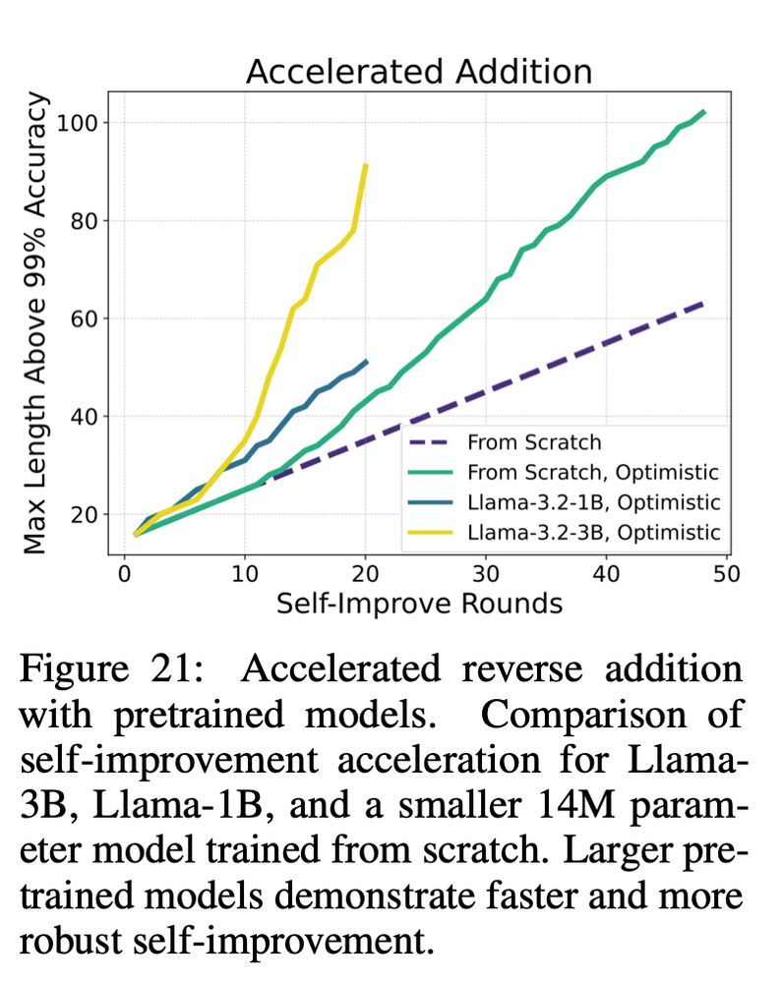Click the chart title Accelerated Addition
click(418, 72)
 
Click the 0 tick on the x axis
click(124, 571)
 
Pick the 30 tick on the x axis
click(485, 571)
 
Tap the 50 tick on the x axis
click(726, 571)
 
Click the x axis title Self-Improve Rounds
click(419, 602)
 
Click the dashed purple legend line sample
click(433, 442)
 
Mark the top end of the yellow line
click(366, 165)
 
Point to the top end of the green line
click(704, 112)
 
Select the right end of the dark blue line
click(366, 362)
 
